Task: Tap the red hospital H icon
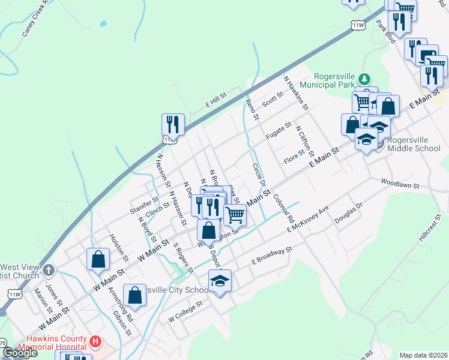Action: pos(94,342)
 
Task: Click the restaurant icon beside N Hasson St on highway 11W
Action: pos(173,125)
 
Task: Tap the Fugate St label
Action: pos(279,131)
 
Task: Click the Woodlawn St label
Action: pos(399,183)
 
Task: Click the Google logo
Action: pos(20,353)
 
